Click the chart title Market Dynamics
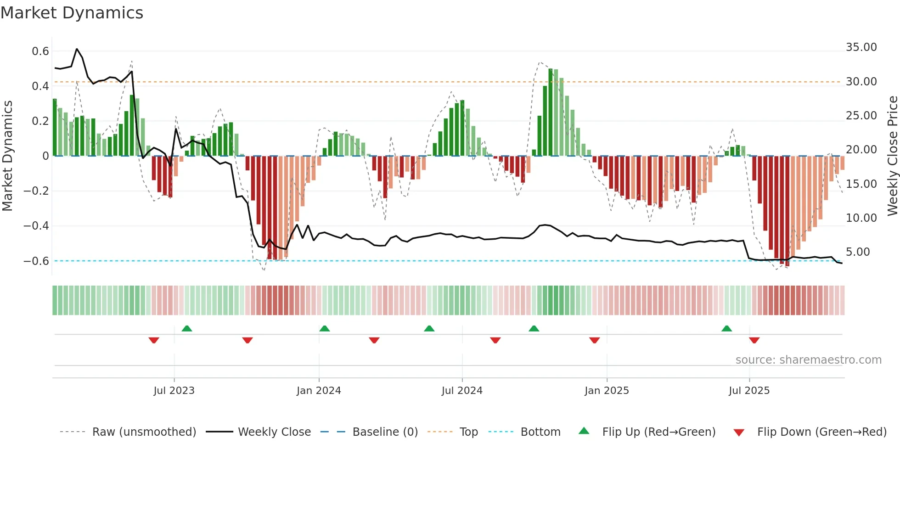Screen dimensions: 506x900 pos(72,13)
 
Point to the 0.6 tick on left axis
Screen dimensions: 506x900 pos(40,51)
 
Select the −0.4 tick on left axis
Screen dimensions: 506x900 pos(36,225)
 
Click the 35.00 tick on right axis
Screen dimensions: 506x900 pos(861,47)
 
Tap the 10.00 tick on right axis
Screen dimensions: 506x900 pos(861,218)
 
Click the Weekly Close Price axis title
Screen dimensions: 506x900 pos(892,156)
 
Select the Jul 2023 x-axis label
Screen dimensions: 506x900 pos(174,391)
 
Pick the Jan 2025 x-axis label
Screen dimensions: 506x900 pos(607,391)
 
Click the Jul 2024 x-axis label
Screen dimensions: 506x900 pos(462,391)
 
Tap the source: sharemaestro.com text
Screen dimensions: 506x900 pos(808,360)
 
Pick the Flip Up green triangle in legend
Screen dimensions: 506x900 pos(584,431)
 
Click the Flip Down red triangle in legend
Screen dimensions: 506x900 pos(739,433)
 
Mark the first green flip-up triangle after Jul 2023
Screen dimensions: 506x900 pos(186,329)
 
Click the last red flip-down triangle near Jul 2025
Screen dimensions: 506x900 pos(754,340)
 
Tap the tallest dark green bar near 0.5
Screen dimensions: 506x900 pos(551,112)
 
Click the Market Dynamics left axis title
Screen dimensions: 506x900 pos(8,156)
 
